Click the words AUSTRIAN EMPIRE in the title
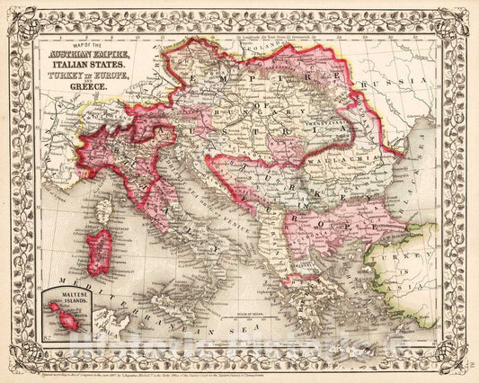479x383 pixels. point(87,56)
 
